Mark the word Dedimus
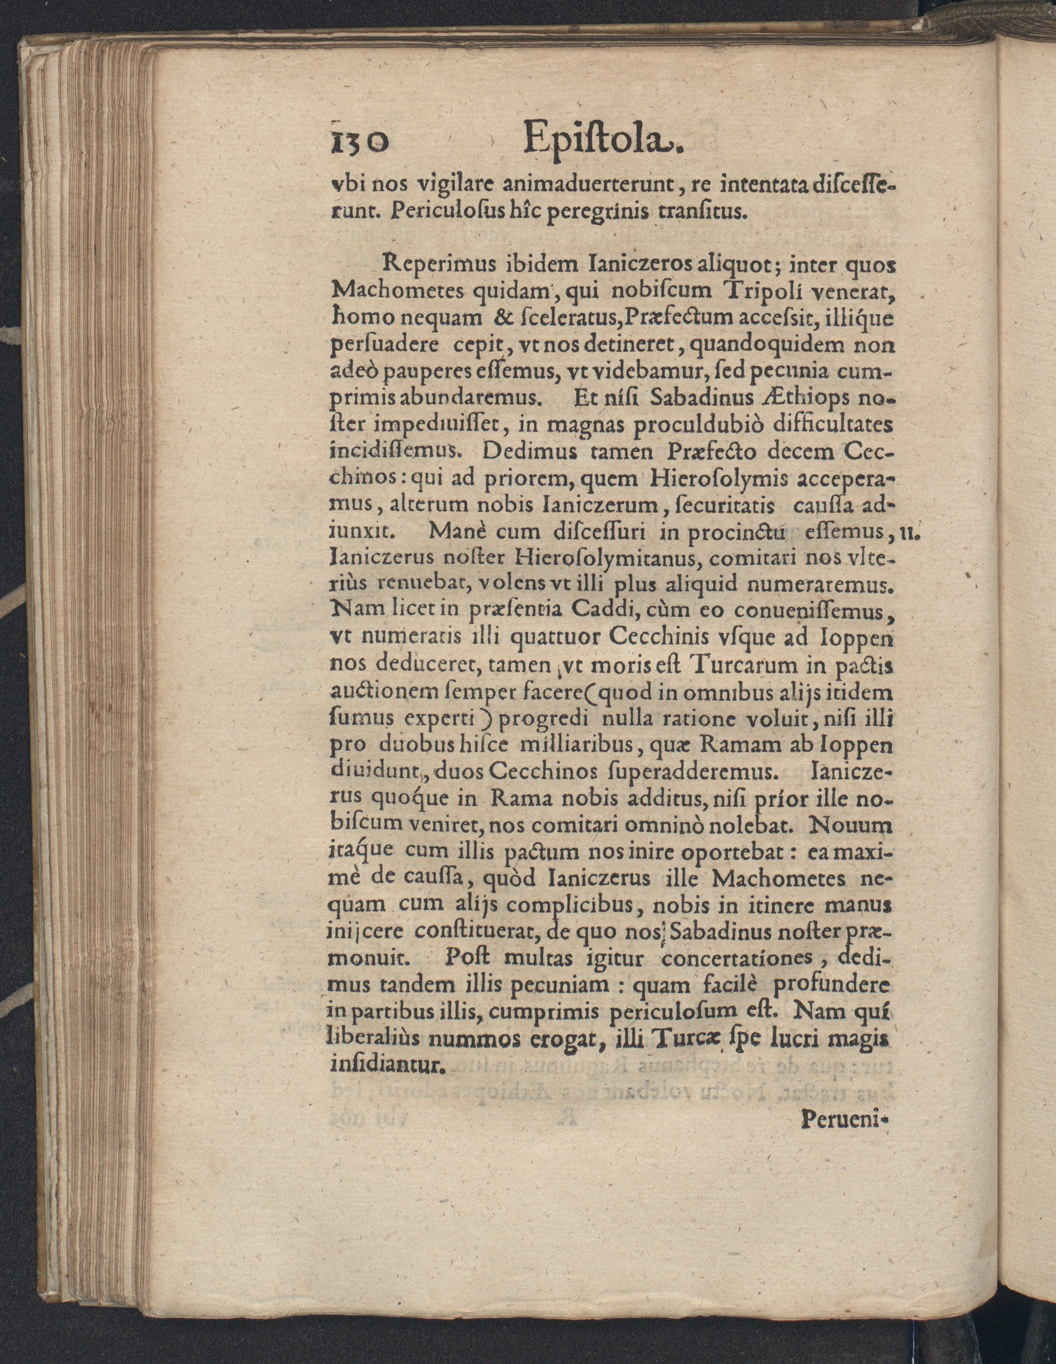pos(529,451)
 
